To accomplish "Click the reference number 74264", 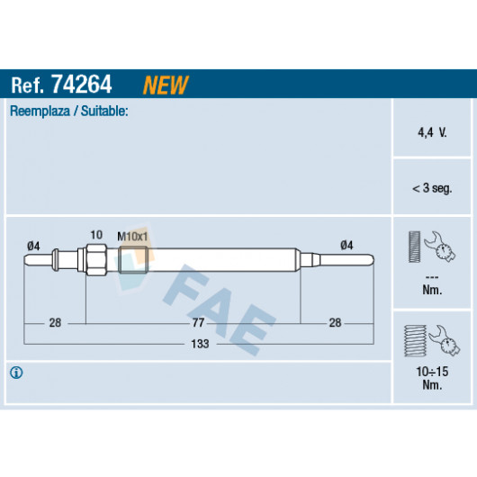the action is (82, 85).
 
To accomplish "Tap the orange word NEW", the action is (166, 85).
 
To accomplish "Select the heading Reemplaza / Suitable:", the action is (69, 111).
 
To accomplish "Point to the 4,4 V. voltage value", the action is (432, 132).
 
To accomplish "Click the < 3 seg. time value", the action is (432, 188).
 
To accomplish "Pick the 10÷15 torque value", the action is (432, 372).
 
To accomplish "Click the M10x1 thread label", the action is (132, 237).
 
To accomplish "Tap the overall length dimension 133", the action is (200, 344).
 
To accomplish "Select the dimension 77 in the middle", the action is (198, 322).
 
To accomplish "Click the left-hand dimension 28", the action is (55, 322).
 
